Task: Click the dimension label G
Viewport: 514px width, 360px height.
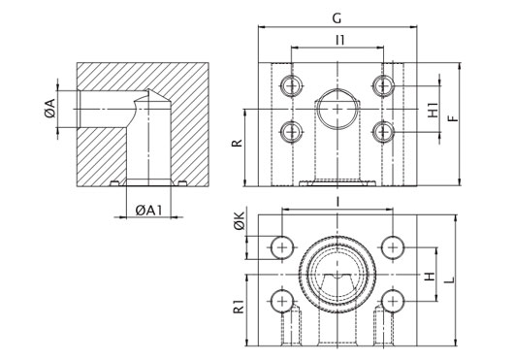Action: (337, 18)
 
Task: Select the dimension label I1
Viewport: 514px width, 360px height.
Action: (340, 40)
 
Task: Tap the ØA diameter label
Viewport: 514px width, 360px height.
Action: (50, 109)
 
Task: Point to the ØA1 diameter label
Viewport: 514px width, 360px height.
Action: (148, 211)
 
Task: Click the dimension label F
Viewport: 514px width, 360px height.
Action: (454, 118)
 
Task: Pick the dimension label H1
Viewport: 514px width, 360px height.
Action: (434, 110)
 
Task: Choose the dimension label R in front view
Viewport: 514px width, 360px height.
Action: (237, 143)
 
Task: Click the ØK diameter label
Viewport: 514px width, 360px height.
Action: (240, 220)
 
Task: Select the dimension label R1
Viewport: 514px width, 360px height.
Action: (239, 306)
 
